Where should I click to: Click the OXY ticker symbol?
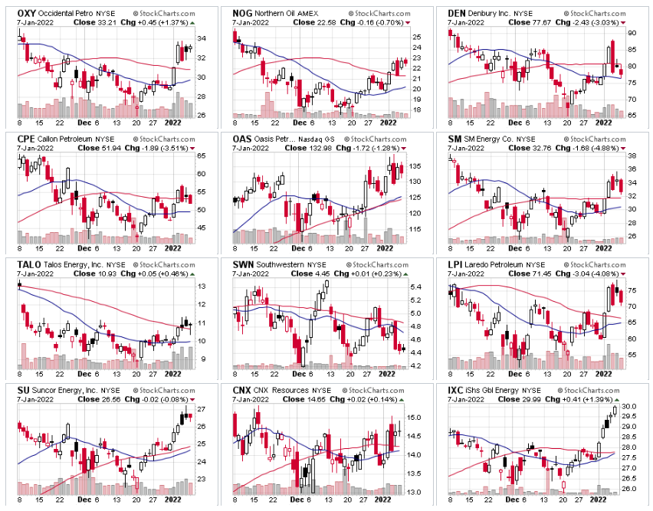point(27,13)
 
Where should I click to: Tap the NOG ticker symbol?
point(243,13)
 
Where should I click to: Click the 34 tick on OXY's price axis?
point(202,38)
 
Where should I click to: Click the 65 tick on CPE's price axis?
point(202,156)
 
